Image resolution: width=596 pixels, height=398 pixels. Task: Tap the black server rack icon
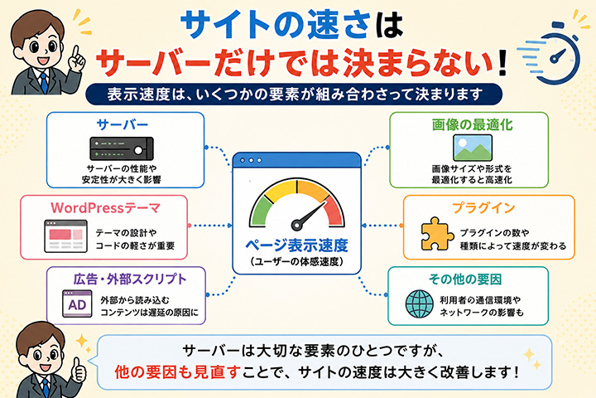[122, 148]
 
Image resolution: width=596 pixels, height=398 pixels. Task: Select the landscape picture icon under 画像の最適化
[473, 148]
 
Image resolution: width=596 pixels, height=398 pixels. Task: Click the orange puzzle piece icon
[437, 234]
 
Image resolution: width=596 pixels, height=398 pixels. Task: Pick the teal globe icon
[419, 304]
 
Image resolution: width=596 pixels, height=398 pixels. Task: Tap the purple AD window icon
[77, 303]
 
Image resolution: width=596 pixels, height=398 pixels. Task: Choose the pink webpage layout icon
[65, 236]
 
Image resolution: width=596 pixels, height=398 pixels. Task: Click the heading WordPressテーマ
[106, 208]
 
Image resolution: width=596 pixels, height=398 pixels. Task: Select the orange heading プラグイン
[483, 208]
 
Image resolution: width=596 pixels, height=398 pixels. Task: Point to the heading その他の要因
[465, 279]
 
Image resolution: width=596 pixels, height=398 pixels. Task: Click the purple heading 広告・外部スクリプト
[130, 279]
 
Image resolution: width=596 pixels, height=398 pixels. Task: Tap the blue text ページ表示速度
[296, 245]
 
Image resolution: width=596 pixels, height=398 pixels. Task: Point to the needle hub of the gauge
[296, 225]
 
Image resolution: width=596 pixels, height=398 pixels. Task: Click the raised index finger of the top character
[76, 53]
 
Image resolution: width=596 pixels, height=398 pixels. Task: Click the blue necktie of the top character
[44, 83]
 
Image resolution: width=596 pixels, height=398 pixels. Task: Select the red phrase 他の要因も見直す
[177, 372]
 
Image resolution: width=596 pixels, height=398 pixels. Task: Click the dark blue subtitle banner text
[295, 94]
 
